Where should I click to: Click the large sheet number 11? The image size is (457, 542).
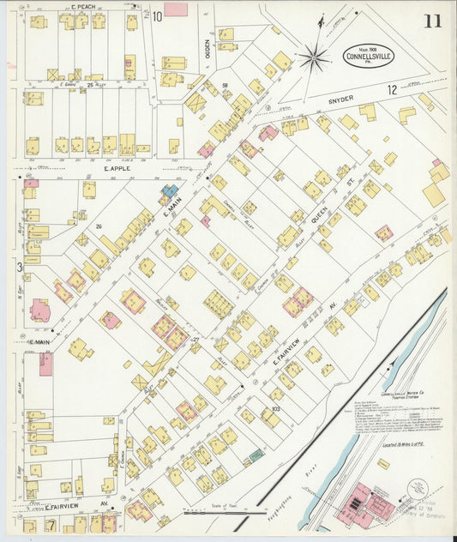pyautogui.click(x=431, y=21)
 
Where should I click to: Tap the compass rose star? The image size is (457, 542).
pyautogui.click(x=316, y=58)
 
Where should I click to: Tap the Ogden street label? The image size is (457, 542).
pyautogui.click(x=207, y=50)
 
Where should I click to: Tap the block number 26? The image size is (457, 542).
pyautogui.click(x=99, y=226)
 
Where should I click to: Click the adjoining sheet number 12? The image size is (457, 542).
pyautogui.click(x=392, y=89)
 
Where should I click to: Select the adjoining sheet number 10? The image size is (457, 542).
pyautogui.click(x=157, y=16)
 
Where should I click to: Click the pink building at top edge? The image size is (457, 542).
pyautogui.click(x=176, y=9)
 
